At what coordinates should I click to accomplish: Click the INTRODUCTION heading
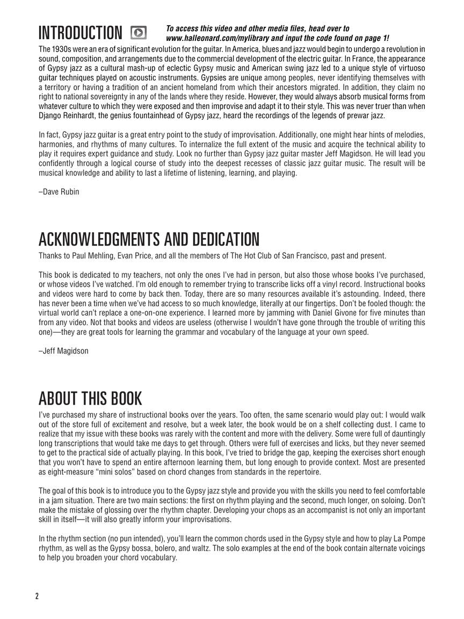point(80,33)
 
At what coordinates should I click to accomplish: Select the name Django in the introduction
point(52,116)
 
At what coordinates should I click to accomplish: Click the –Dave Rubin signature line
point(59,192)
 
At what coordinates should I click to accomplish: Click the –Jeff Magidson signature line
point(63,351)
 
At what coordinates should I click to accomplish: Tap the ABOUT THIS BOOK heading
point(90,399)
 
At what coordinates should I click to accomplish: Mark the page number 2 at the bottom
point(37,596)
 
